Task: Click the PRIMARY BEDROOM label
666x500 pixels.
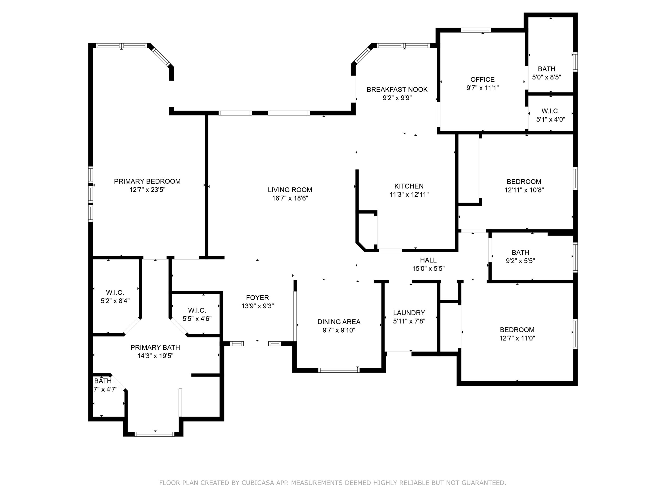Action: coord(147,182)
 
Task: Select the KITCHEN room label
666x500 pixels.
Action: coord(409,186)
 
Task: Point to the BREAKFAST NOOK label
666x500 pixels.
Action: coord(397,90)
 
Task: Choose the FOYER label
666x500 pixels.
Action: coord(258,298)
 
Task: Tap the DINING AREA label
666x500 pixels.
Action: coord(339,322)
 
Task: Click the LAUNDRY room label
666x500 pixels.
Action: coord(409,313)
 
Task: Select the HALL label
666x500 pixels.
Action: coord(428,260)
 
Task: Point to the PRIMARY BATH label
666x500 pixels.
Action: coord(155,347)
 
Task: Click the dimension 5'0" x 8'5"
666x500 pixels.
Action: coord(547,77)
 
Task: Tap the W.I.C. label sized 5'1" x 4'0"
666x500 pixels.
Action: coord(550,111)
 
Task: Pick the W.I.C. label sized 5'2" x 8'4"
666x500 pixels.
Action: coord(115,292)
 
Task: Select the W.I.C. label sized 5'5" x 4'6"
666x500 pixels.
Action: coord(197,310)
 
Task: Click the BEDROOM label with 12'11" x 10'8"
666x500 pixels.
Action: coord(524,182)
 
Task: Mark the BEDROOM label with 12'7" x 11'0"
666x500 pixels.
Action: coord(517,330)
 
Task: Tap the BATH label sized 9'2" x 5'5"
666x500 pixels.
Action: coord(520,253)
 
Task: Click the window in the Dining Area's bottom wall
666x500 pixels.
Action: coord(339,370)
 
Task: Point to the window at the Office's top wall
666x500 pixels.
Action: coord(476,30)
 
